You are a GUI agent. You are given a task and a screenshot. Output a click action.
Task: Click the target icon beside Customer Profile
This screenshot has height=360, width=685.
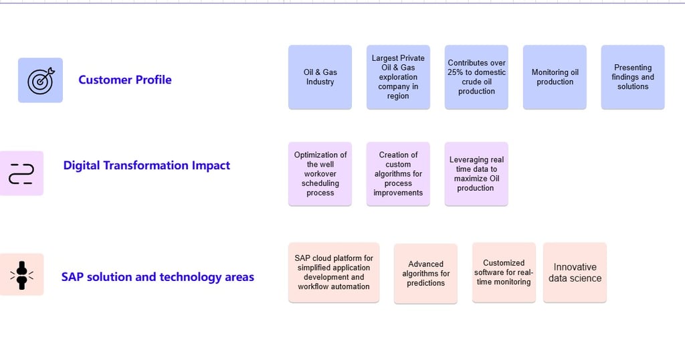40,80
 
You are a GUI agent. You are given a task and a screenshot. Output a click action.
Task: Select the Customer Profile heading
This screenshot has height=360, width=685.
125,80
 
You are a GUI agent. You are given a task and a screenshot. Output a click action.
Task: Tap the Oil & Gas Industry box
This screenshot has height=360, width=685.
320,77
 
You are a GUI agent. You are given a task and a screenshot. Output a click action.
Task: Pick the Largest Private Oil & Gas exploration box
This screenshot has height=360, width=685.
398,77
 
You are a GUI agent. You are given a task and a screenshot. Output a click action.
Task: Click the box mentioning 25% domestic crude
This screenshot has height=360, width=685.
476,77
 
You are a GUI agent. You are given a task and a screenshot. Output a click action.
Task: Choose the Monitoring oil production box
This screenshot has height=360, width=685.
555,77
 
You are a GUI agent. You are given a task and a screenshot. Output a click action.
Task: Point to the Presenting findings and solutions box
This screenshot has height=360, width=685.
633,77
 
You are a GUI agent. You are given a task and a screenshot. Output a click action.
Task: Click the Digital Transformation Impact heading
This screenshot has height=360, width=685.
146,165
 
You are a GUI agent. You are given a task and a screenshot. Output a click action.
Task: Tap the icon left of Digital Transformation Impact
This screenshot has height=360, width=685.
21,173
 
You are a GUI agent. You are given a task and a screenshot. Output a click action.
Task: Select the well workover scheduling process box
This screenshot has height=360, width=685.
320,174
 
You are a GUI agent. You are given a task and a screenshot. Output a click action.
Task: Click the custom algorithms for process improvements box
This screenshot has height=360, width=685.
398,174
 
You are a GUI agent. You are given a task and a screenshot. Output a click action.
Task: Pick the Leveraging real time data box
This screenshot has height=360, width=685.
476,174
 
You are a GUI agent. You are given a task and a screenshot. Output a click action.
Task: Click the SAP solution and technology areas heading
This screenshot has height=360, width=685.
158,277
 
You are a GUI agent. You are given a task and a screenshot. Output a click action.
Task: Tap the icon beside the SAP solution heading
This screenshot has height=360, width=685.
21,275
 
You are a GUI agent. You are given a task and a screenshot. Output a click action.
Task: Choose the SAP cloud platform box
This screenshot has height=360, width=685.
334,272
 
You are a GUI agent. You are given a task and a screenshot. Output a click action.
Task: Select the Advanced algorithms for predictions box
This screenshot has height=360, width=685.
425,274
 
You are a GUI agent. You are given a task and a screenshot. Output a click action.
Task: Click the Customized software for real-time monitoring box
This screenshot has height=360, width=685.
504,272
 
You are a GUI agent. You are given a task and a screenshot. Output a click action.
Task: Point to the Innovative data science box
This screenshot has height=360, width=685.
575,272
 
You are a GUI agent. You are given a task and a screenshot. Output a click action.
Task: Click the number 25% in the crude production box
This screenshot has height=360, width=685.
455,72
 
